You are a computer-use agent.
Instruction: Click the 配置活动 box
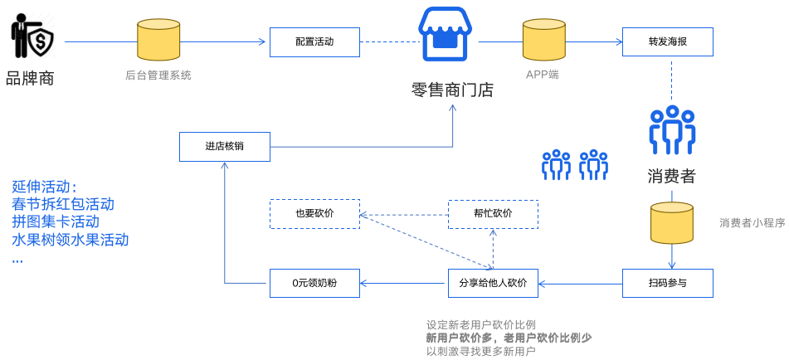click(314, 41)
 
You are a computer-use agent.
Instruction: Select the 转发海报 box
click(667, 41)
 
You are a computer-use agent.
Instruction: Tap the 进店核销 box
click(224, 147)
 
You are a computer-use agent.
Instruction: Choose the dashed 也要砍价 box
click(314, 214)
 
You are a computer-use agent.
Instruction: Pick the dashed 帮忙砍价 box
click(492, 214)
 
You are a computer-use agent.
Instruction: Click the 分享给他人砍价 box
click(492, 284)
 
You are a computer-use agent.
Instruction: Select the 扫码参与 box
click(667, 284)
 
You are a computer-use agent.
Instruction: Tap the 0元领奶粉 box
click(314, 284)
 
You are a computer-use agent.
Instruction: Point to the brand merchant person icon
click(32, 37)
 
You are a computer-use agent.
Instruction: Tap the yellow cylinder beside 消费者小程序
click(672, 222)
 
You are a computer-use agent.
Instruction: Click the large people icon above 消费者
click(671, 130)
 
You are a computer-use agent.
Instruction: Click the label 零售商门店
click(452, 90)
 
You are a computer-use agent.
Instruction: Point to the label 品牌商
click(30, 80)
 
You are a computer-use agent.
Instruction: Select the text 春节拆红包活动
click(63, 204)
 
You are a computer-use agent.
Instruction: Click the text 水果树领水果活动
click(70, 241)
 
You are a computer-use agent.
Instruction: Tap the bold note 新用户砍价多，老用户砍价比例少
click(509, 338)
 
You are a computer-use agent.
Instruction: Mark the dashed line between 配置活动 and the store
click(387, 41)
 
